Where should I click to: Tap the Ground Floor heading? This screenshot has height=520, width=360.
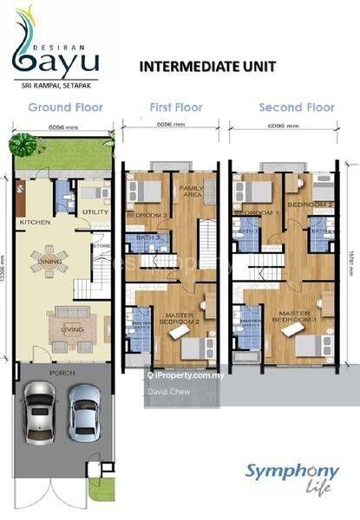tap(65, 107)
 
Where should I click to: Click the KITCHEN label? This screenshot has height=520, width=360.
tap(35, 223)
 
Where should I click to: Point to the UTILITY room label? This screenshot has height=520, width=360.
tap(94, 211)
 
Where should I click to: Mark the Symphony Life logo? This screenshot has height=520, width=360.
tap(291, 477)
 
